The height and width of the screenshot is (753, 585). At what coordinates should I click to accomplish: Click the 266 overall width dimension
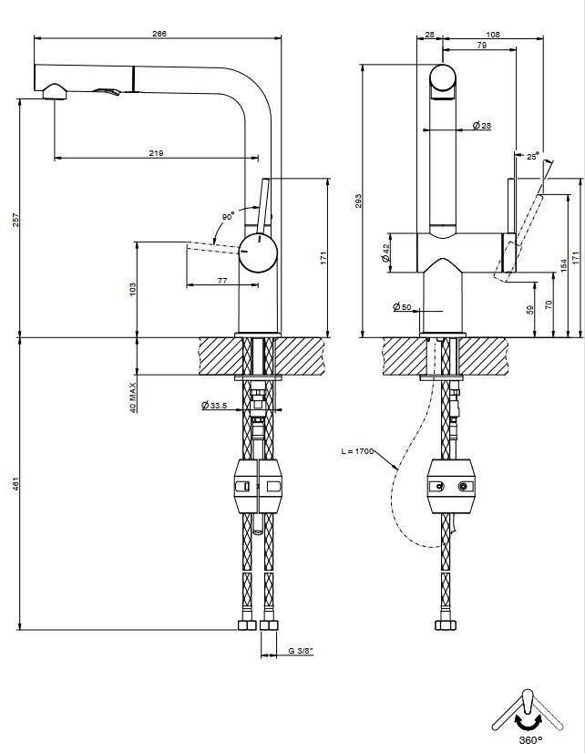[159, 34]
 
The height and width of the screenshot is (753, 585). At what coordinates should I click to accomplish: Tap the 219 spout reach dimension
[156, 153]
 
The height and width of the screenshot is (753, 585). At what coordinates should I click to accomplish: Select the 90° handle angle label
[228, 217]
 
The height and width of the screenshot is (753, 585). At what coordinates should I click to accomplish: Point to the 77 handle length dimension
[222, 281]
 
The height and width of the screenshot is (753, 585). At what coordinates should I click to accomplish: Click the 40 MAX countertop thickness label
[133, 397]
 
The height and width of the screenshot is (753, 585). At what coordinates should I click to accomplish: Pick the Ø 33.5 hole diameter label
[214, 406]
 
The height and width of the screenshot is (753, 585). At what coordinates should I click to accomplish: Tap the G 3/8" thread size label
[301, 651]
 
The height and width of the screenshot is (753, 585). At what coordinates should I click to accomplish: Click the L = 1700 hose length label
[357, 451]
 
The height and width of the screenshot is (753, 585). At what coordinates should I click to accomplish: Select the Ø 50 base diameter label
[402, 307]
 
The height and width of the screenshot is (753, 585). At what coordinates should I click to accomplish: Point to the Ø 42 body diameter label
[385, 253]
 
